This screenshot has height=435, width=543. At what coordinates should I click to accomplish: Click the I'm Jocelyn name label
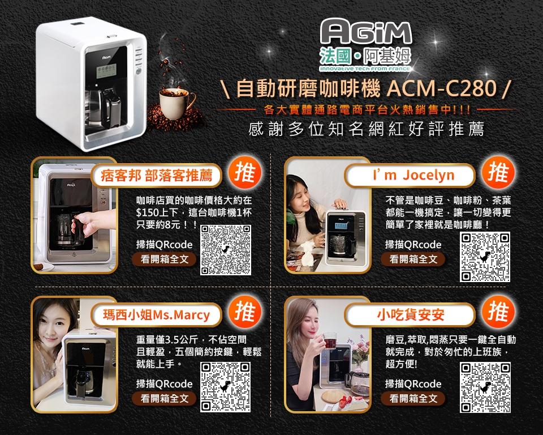(x=413, y=176)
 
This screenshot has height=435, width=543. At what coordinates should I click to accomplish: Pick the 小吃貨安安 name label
(x=411, y=315)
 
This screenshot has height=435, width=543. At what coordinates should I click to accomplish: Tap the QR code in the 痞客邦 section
(x=226, y=250)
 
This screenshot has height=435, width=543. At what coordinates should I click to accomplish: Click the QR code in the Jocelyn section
(x=485, y=257)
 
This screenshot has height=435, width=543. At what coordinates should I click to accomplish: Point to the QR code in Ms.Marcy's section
(x=226, y=387)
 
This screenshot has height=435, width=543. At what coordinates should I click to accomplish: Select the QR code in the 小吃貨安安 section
(x=485, y=387)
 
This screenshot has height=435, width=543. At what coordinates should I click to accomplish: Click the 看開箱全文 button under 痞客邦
(x=164, y=259)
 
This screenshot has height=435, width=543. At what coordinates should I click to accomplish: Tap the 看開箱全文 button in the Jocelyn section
(x=413, y=259)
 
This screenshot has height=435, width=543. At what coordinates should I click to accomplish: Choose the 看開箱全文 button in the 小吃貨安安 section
(x=413, y=399)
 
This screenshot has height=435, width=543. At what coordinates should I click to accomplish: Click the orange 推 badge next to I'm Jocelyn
(x=498, y=173)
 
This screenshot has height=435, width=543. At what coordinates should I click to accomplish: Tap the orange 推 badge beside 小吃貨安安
(x=498, y=312)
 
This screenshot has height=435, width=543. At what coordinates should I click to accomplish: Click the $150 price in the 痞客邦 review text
(x=149, y=213)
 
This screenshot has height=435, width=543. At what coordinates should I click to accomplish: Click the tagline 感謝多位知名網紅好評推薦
(x=366, y=129)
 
